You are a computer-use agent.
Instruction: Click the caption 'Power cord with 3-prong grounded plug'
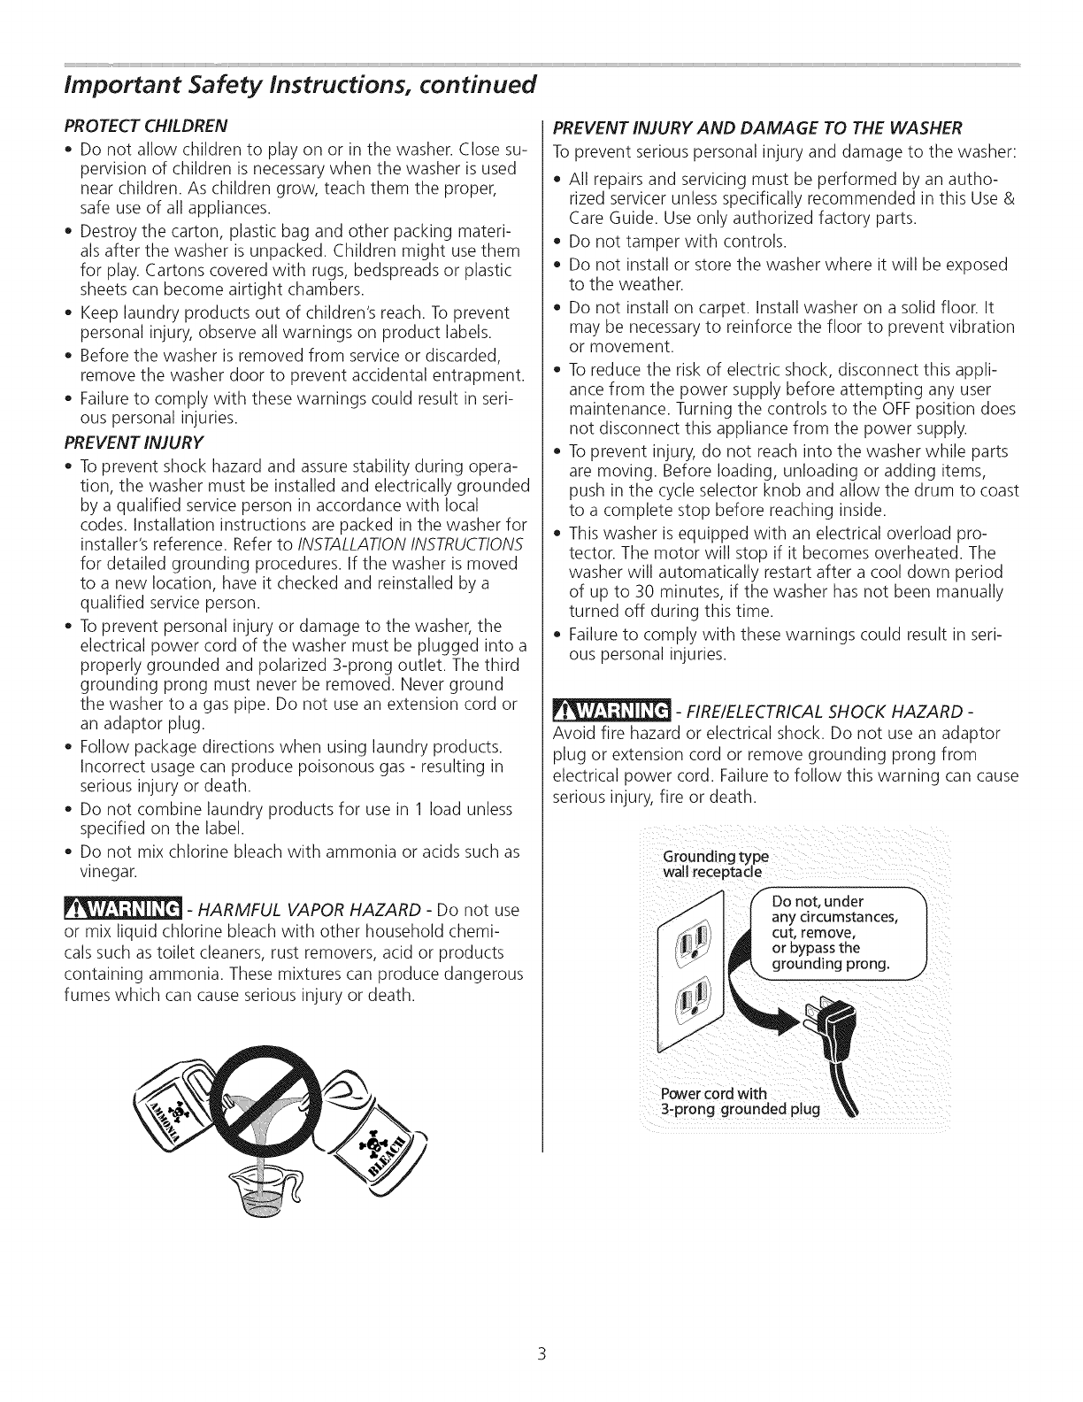[741, 1102]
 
